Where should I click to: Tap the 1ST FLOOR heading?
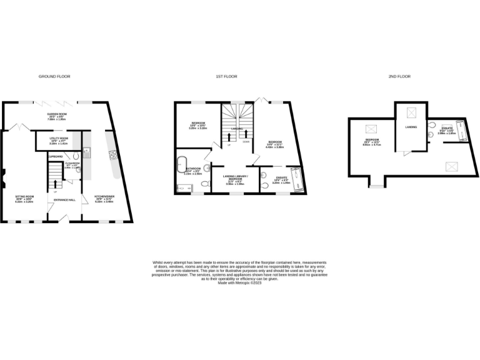coord(226,76)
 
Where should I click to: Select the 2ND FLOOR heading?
coord(399,76)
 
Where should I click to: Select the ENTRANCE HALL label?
coord(64,200)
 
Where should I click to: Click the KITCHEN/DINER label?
coord(104,197)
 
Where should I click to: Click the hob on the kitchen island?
coord(113,156)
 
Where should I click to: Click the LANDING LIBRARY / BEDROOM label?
coord(234,179)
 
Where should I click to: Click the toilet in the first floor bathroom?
coord(204,185)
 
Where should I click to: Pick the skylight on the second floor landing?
coord(411,113)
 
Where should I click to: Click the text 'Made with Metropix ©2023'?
coord(240,282)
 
